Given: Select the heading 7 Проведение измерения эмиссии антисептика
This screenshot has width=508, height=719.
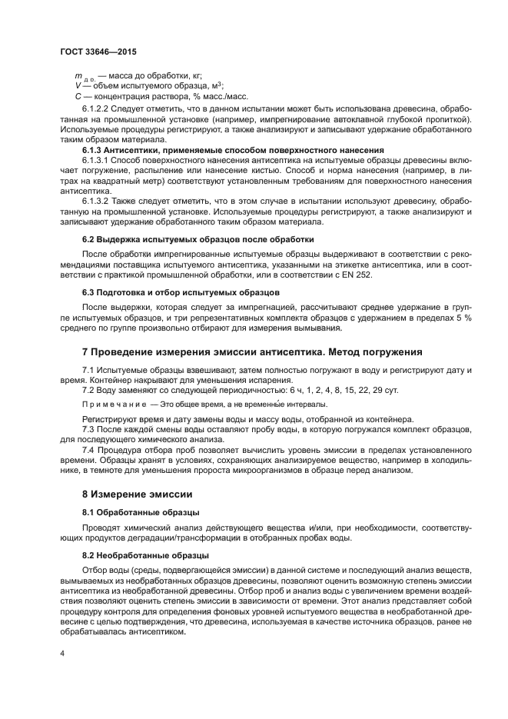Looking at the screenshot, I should [x=252, y=352].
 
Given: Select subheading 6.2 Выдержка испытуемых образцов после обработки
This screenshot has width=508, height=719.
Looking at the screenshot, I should [x=198, y=239].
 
